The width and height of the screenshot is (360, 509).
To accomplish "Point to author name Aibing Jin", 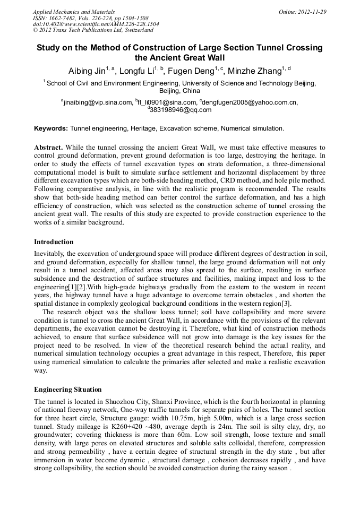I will (x=87, y=71).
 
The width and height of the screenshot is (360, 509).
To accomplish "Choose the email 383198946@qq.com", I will (x=181, y=110).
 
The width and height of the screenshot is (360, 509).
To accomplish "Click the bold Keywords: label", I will (x=51, y=128).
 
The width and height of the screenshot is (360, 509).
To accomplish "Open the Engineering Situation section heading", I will (x=67, y=389).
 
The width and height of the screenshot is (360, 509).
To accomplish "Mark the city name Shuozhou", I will (x=113, y=402).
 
